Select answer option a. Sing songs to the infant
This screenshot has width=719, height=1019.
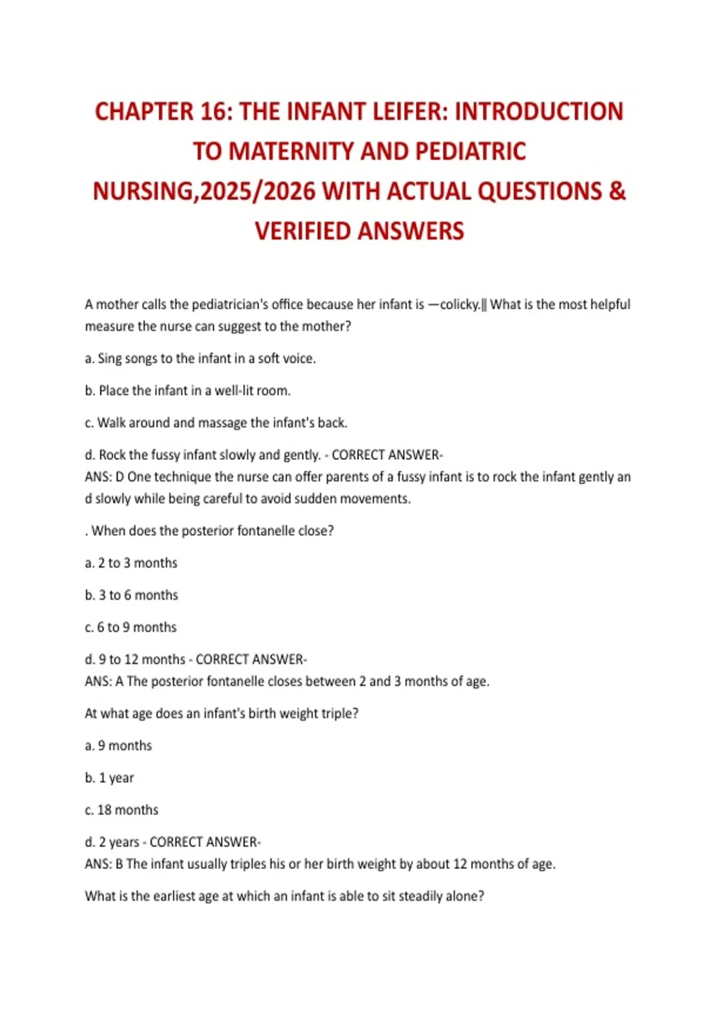pyautogui.click(x=200, y=358)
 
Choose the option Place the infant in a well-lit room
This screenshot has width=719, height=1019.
pyautogui.click(x=188, y=391)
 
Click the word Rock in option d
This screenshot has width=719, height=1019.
pyautogui.click(x=111, y=455)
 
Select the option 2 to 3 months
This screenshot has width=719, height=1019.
pyautogui.click(x=131, y=563)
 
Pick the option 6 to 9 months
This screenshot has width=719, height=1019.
pyautogui.click(x=131, y=627)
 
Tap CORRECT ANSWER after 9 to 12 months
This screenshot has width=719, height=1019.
pyautogui.click(x=251, y=659)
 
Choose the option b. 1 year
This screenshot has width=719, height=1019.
pyautogui.click(x=110, y=777)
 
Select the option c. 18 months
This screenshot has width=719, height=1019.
pyautogui.click(x=122, y=810)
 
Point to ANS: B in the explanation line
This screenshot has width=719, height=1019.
pyautogui.click(x=104, y=864)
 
